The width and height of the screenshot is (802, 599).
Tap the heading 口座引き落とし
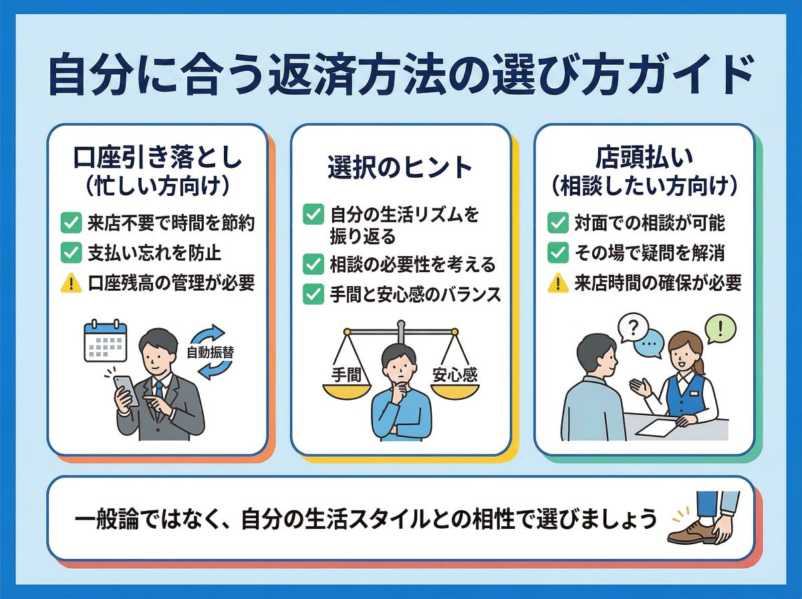coord(158,158)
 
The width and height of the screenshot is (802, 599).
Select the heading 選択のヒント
coord(400,167)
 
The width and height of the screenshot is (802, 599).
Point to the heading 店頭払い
coord(644,158)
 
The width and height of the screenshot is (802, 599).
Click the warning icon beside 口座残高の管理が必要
coord(71,283)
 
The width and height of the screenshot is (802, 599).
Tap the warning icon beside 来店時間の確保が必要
coord(558,283)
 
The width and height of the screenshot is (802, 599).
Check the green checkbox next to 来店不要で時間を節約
coord(71,223)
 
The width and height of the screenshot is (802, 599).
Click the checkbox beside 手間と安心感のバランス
coord(313,294)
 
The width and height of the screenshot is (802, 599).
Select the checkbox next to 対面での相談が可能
coord(558,223)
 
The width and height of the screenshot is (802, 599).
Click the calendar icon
coord(105,341)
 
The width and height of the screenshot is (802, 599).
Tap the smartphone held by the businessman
coord(126,390)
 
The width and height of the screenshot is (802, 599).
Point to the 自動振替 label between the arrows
coord(210,353)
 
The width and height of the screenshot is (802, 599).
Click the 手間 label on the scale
coord(346,375)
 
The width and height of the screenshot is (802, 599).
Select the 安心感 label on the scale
coord(454,375)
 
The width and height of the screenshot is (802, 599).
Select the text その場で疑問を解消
coord(649,253)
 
